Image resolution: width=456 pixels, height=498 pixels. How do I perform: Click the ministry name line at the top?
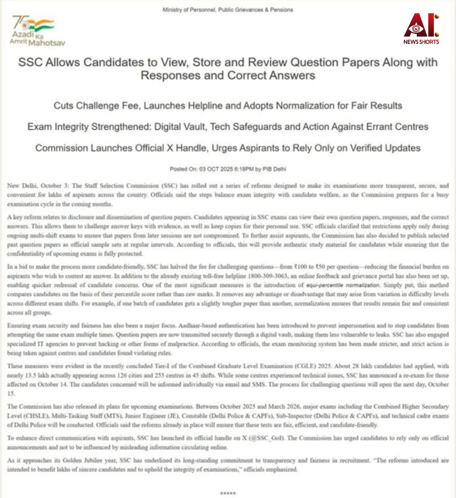click(228, 10)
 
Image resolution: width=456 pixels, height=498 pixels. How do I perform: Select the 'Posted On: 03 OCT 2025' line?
click(228, 169)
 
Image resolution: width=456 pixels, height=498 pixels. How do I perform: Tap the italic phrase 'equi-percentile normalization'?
click(343, 285)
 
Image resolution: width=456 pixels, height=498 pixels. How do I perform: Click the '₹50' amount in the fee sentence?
click(321, 267)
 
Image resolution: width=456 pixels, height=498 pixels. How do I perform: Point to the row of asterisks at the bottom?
click(228, 493)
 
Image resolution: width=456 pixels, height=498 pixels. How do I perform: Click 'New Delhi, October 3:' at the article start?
click(38, 186)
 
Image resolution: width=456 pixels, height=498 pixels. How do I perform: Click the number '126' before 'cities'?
click(122, 375)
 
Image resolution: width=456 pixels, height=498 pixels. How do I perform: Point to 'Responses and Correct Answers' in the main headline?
click(228, 75)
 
